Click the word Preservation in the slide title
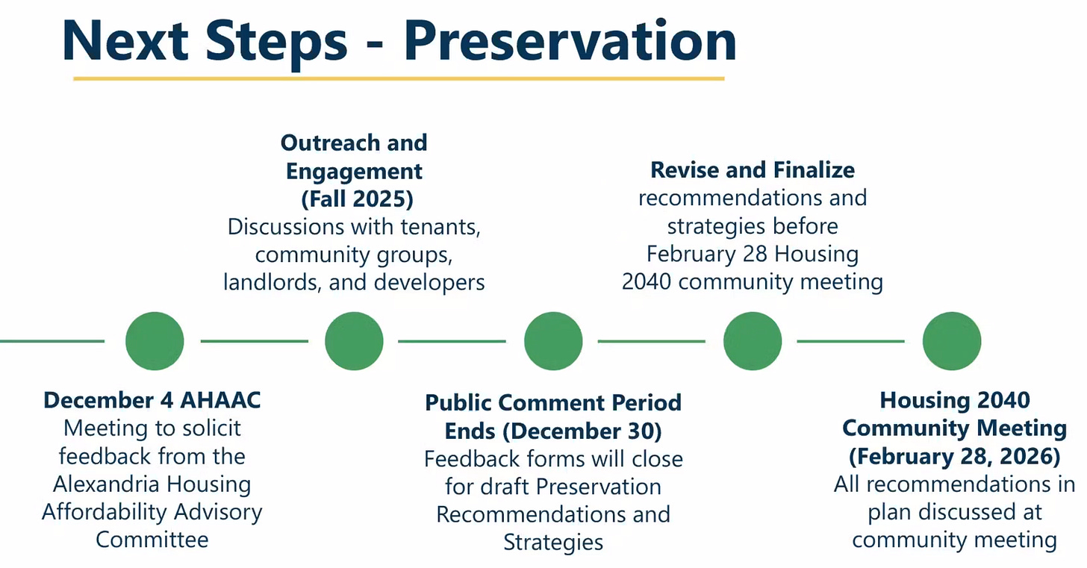pyautogui.click(x=570, y=42)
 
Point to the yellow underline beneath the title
pyautogui.click(x=399, y=78)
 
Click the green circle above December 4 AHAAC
pyautogui.click(x=155, y=341)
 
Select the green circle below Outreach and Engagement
pyautogui.click(x=354, y=341)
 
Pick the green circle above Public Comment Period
pyautogui.click(x=553, y=341)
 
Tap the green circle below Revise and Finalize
pyautogui.click(x=753, y=341)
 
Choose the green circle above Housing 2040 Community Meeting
pyautogui.click(x=952, y=341)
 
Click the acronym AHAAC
pyautogui.click(x=221, y=401)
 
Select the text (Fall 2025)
pyautogui.click(x=357, y=199)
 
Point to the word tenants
pyautogui.click(x=440, y=227)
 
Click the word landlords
pyautogui.click(x=272, y=282)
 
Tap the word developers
pyautogui.click(x=429, y=283)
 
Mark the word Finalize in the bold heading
pyautogui.click(x=814, y=170)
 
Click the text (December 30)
pyautogui.click(x=582, y=431)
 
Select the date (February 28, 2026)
pyautogui.click(x=955, y=457)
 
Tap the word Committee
pyautogui.click(x=152, y=540)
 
